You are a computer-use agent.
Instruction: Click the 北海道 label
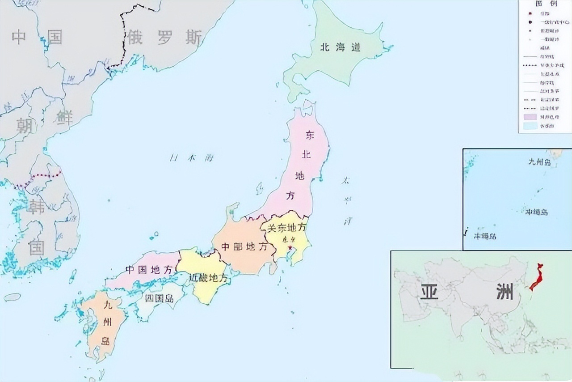point(340,47)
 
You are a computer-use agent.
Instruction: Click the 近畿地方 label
point(208,278)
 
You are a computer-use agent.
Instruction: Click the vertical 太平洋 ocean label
point(346,201)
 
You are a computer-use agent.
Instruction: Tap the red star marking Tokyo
point(290,247)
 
